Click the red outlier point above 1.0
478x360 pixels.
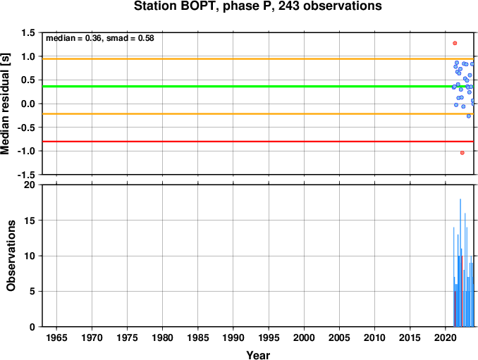pyautogui.click(x=455, y=43)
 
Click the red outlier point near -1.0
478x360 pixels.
pyautogui.click(x=462, y=153)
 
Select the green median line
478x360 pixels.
pyautogui.click(x=258, y=87)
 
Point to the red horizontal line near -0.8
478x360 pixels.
pyautogui.click(x=258, y=142)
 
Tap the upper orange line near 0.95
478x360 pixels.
pyautogui.click(x=258, y=58)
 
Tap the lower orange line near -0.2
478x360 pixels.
pyautogui.click(x=258, y=114)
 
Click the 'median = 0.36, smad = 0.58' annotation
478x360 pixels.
pyautogui.click(x=100, y=38)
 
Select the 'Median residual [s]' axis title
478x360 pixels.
pyautogui.click(x=6, y=104)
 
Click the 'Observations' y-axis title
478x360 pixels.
pyautogui.click(x=11, y=256)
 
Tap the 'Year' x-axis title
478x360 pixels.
pyautogui.click(x=258, y=355)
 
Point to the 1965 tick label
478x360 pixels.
pyautogui.click(x=56, y=337)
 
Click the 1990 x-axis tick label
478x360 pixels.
pyautogui.click(x=233, y=337)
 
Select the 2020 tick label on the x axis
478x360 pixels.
pyautogui.click(x=446, y=337)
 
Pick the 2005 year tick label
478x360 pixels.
pyautogui.click(x=339, y=337)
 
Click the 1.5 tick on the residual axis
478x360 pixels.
pyautogui.click(x=28, y=32)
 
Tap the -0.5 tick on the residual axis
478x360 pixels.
pyautogui.click(x=26, y=128)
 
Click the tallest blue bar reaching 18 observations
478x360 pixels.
pyautogui.click(x=460, y=263)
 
